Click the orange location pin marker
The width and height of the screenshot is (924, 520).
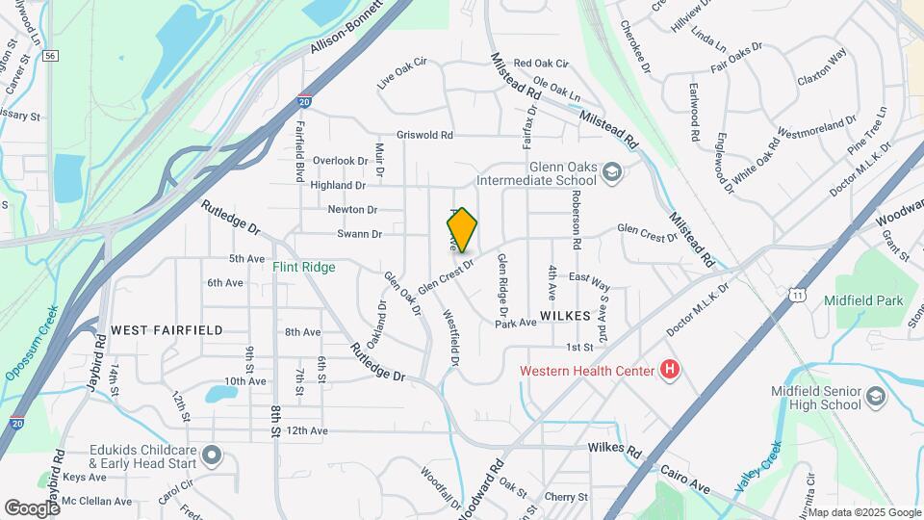462,230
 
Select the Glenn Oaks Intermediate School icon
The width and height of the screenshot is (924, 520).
610,173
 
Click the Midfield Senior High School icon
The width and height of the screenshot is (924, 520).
875,397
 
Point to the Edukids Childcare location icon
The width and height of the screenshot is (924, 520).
213,454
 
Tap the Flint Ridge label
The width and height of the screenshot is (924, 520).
303,267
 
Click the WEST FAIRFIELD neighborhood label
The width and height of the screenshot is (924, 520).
167,329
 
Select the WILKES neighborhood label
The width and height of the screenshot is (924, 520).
564,315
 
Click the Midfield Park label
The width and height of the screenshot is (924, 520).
863,300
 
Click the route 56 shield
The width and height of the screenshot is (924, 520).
50,57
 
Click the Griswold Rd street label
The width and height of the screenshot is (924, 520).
423,136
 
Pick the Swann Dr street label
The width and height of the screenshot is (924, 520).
359,234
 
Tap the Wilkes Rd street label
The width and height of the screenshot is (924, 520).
614,449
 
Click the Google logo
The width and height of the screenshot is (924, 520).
33,507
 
